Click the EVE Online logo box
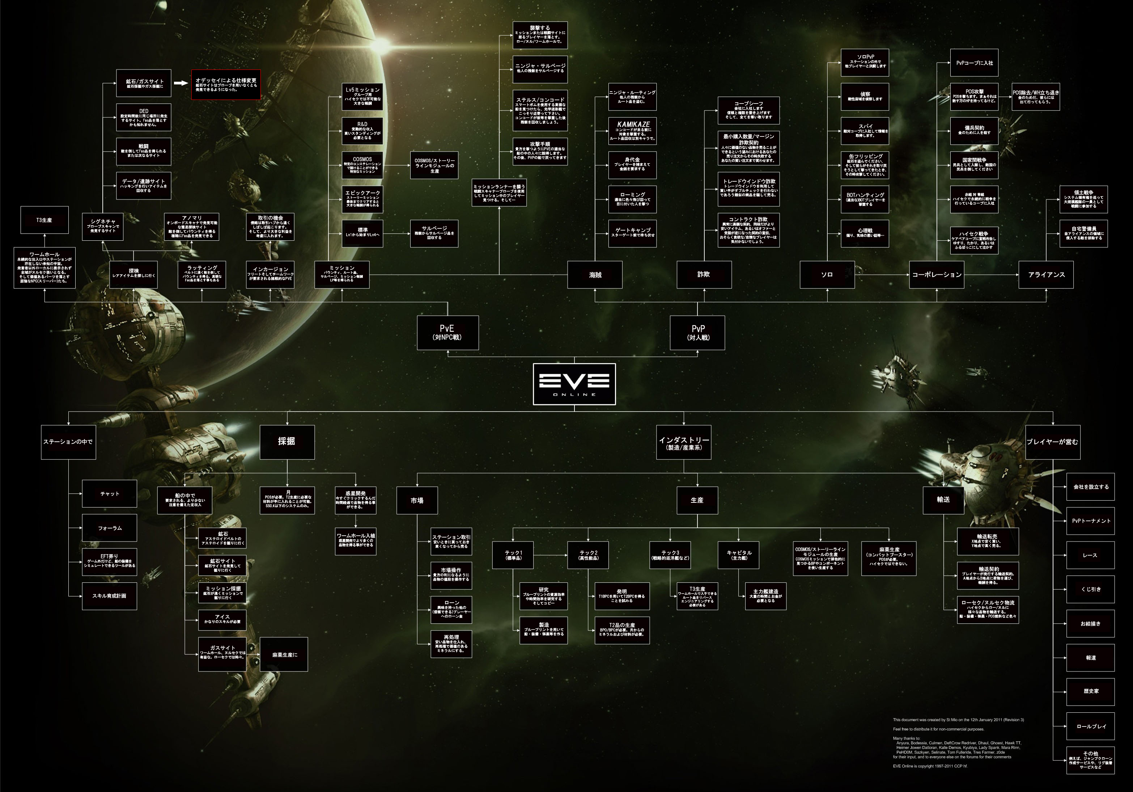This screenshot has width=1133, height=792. (x=574, y=384)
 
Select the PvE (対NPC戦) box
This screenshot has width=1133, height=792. (x=447, y=333)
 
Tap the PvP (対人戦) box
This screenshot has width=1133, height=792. (x=697, y=333)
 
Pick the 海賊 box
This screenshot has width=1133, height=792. (x=595, y=274)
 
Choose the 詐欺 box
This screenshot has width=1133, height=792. (x=704, y=274)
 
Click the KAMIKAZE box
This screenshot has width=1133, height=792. (x=632, y=131)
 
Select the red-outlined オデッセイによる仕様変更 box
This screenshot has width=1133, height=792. (x=226, y=84)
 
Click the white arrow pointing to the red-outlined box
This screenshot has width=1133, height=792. (x=181, y=83)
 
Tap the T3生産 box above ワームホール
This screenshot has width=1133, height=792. (x=44, y=220)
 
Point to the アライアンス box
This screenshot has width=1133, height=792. (x=1046, y=274)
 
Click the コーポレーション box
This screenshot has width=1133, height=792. (x=936, y=274)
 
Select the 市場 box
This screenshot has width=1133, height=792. (x=417, y=500)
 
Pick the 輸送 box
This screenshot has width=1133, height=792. (x=943, y=500)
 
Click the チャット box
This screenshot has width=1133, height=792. (x=110, y=494)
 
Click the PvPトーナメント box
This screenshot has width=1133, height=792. (x=1091, y=521)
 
